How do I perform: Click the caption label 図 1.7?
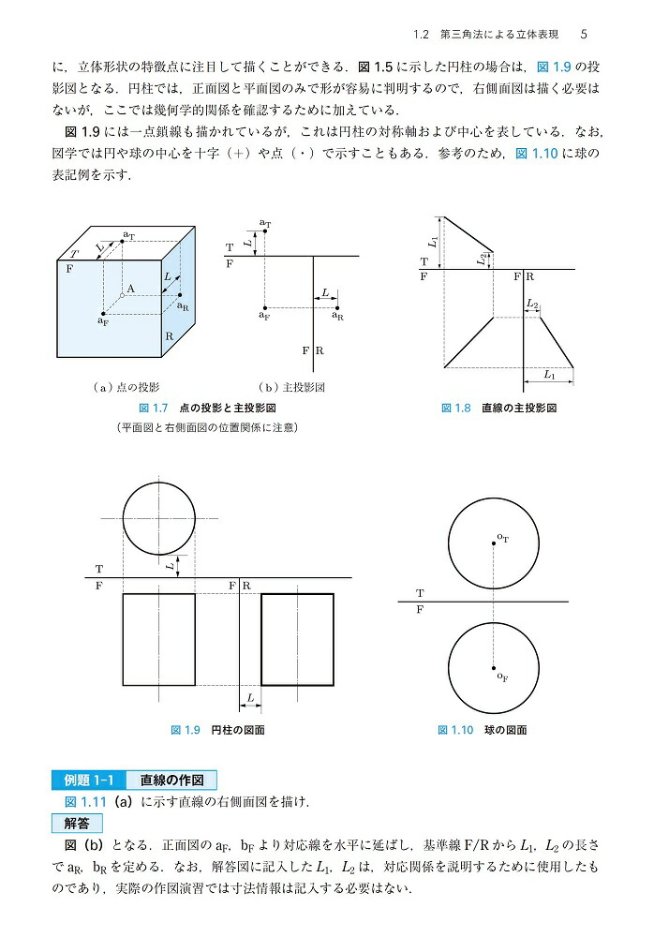[x=152, y=409]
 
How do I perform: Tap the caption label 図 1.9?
[x=186, y=729]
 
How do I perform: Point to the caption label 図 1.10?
[x=456, y=729]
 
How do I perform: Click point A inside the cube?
[x=123, y=294]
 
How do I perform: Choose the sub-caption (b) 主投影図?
[x=290, y=387]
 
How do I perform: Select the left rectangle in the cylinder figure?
[x=158, y=640]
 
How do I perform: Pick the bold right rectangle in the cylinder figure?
[x=297, y=640]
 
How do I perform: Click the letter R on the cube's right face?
[x=169, y=335]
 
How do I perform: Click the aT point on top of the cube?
[x=123, y=241]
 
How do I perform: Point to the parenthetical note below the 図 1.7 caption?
[x=205, y=428]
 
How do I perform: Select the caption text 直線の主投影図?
[x=520, y=409]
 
